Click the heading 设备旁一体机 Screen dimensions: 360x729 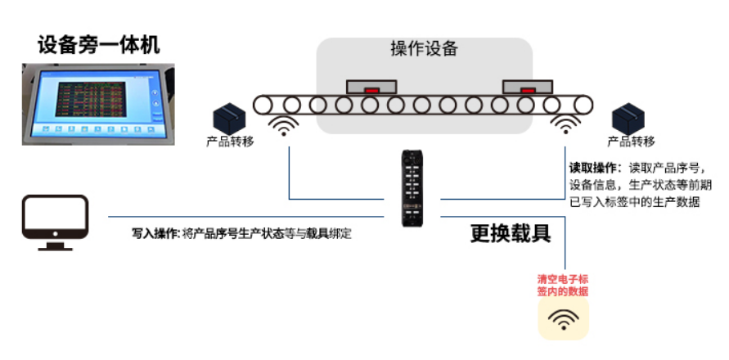click(x=98, y=44)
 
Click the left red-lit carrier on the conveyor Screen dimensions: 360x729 click(x=371, y=86)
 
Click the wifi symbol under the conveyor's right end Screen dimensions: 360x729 click(x=565, y=125)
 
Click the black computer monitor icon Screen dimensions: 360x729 click(x=55, y=222)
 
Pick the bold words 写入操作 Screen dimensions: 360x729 click(x=155, y=233)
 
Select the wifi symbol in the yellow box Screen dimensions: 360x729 click(x=563, y=318)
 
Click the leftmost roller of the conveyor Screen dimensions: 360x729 click(x=263, y=105)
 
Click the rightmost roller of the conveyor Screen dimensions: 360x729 click(x=582, y=105)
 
